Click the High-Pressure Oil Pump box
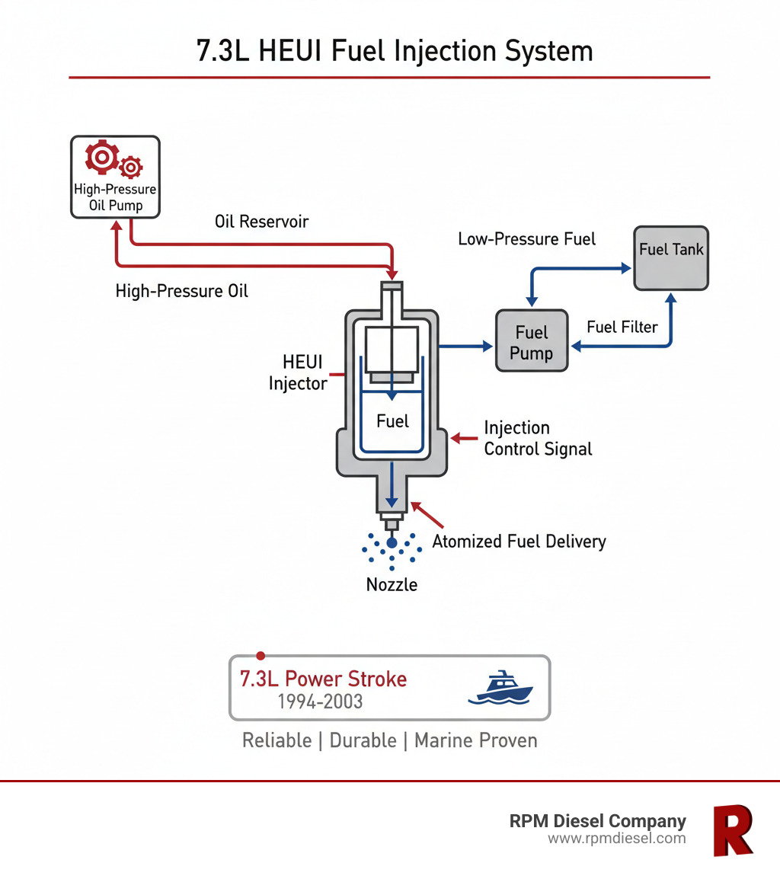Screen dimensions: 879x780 click(x=114, y=177)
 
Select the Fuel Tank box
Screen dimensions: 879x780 click(x=671, y=257)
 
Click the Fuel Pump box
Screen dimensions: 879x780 click(x=532, y=340)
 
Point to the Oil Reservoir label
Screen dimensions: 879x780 click(x=261, y=222)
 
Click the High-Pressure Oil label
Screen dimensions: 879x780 click(x=181, y=290)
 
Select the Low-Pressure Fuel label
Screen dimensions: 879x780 click(x=526, y=238)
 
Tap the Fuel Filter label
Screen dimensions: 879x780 click(x=622, y=327)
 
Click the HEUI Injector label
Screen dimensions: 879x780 click(x=297, y=373)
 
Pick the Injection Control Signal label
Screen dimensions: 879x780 click(x=538, y=438)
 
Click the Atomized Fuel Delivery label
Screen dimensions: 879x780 click(x=519, y=542)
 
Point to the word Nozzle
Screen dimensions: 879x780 click(x=392, y=585)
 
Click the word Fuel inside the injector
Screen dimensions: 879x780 click(x=392, y=421)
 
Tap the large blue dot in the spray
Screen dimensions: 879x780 click(x=392, y=542)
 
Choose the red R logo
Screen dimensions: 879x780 click(x=732, y=829)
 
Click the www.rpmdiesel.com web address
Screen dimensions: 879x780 click(x=616, y=839)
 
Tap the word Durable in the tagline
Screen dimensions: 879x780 click(x=363, y=740)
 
